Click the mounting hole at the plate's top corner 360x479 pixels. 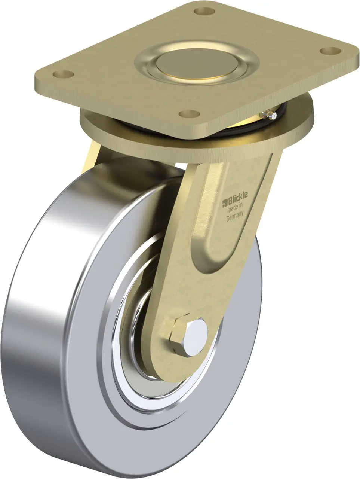coord(204,10)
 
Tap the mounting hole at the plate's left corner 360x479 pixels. coord(64,74)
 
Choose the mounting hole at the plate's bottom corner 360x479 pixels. coord(190,113)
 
